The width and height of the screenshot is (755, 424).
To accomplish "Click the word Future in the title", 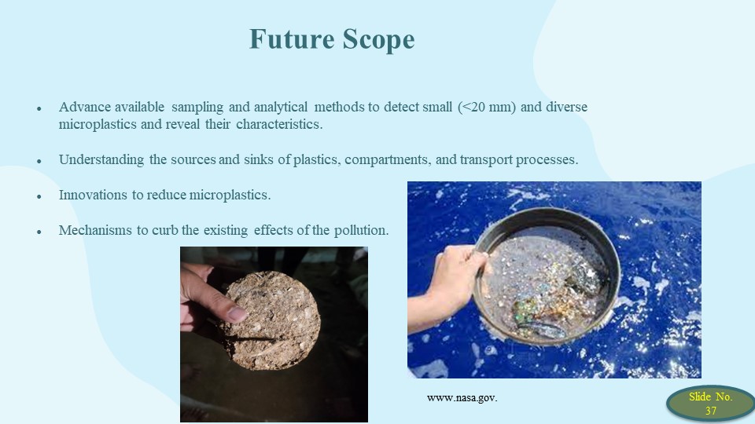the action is [x=292, y=39].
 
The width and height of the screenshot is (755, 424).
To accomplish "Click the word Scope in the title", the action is [x=379, y=39].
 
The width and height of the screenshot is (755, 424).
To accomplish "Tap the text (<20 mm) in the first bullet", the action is [x=487, y=107].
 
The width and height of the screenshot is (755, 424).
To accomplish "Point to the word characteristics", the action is [x=279, y=124].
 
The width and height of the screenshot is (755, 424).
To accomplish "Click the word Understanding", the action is [x=101, y=159].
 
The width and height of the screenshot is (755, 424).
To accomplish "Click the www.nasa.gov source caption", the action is [x=462, y=398].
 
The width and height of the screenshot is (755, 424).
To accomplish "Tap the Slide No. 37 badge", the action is [x=711, y=404].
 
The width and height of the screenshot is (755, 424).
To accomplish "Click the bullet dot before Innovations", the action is [x=39, y=196].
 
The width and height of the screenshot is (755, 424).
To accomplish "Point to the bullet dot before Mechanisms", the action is [x=39, y=232].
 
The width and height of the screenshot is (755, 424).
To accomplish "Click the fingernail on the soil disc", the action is [x=237, y=314].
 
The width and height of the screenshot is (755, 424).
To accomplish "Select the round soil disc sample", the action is [x=271, y=320].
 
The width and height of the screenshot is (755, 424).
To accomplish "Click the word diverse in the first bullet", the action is [x=566, y=107].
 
